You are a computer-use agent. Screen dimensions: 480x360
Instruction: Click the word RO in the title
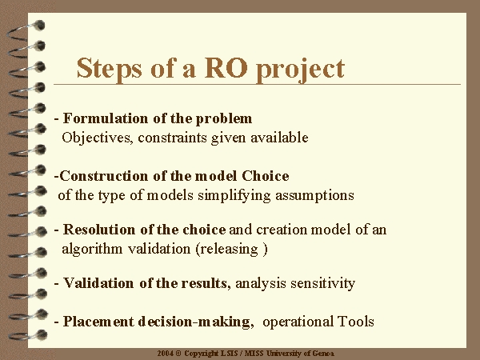[226, 68]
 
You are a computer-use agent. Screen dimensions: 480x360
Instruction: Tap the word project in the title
[301, 70]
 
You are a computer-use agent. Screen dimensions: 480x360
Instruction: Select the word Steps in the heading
[110, 70]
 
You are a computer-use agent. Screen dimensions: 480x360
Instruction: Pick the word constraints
[173, 138]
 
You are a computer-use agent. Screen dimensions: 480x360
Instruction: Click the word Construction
[104, 176]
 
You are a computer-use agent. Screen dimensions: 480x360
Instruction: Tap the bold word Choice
[266, 176]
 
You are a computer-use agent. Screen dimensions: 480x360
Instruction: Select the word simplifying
[234, 196]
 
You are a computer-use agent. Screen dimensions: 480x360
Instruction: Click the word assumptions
[314, 196]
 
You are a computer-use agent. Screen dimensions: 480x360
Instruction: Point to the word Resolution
[99, 230]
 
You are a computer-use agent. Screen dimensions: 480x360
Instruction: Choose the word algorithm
[92, 249]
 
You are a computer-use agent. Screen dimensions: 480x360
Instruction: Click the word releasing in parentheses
[230, 249]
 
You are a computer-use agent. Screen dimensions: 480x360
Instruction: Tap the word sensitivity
[323, 283]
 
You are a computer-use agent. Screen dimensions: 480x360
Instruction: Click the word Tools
[356, 322]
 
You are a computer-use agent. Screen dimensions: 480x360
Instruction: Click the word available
[279, 138]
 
